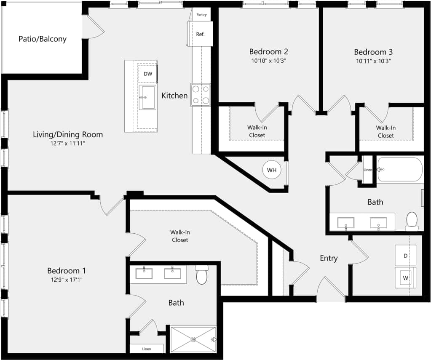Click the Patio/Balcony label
click(x=42, y=39)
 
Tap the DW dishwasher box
click(x=147, y=74)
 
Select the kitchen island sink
click(x=147, y=97)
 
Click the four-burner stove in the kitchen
click(x=201, y=95)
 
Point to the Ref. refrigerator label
click(x=200, y=34)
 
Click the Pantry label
click(x=201, y=15)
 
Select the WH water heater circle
click(x=272, y=170)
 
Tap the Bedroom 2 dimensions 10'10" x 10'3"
click(x=268, y=61)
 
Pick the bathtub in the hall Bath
click(x=399, y=170)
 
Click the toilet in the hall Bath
click(x=412, y=221)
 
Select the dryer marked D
click(x=405, y=256)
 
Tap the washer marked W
click(x=405, y=278)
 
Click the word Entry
click(x=328, y=258)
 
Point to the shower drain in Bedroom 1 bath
click(x=193, y=339)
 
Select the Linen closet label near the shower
click(x=146, y=349)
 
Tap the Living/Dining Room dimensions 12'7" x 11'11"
click(x=68, y=144)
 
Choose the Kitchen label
click(x=174, y=96)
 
